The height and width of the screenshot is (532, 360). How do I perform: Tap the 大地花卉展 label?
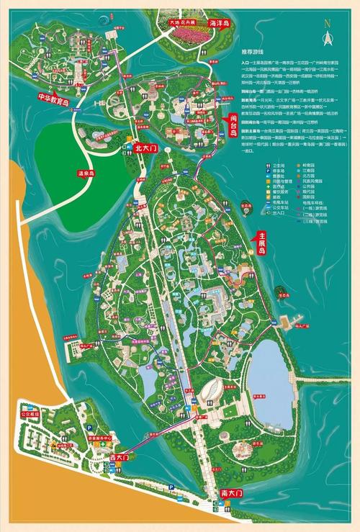[x=183, y=22]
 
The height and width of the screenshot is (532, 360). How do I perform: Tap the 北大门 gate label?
[x=145, y=148]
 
